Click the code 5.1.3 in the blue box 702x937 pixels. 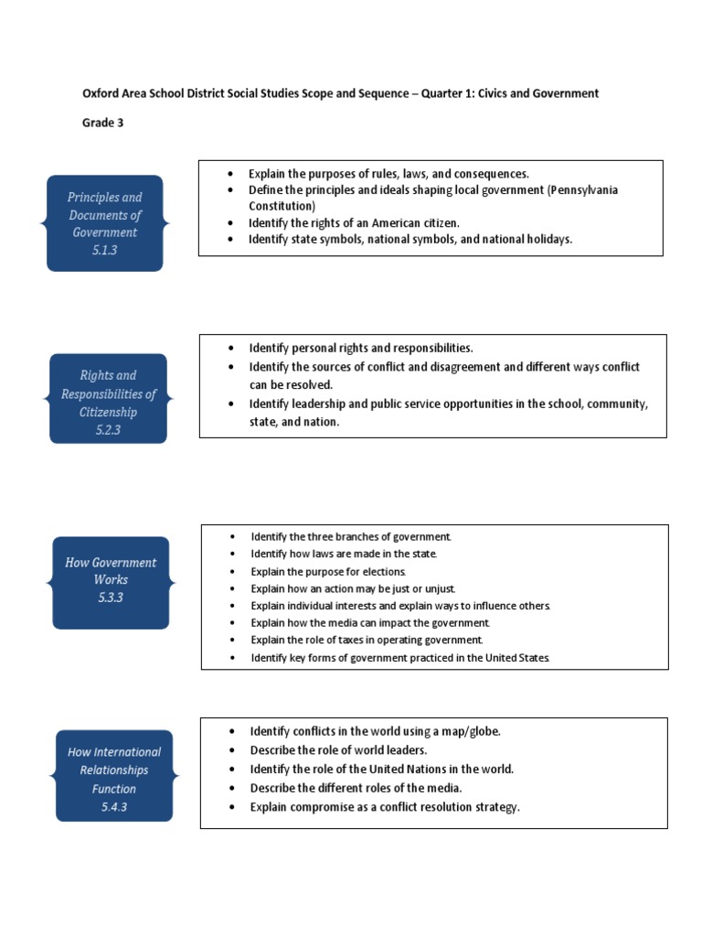[105, 250]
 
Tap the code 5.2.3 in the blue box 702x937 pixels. [107, 429]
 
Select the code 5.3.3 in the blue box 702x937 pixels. [111, 598]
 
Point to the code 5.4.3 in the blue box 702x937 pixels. [114, 807]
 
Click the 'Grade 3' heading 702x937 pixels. [102, 124]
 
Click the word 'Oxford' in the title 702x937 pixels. [101, 93]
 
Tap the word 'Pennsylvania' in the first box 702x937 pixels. [583, 189]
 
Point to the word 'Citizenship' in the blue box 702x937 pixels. [108, 412]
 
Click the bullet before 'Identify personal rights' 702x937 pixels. [231, 349]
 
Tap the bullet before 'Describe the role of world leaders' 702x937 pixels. [231, 749]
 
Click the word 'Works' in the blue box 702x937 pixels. [111, 579]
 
